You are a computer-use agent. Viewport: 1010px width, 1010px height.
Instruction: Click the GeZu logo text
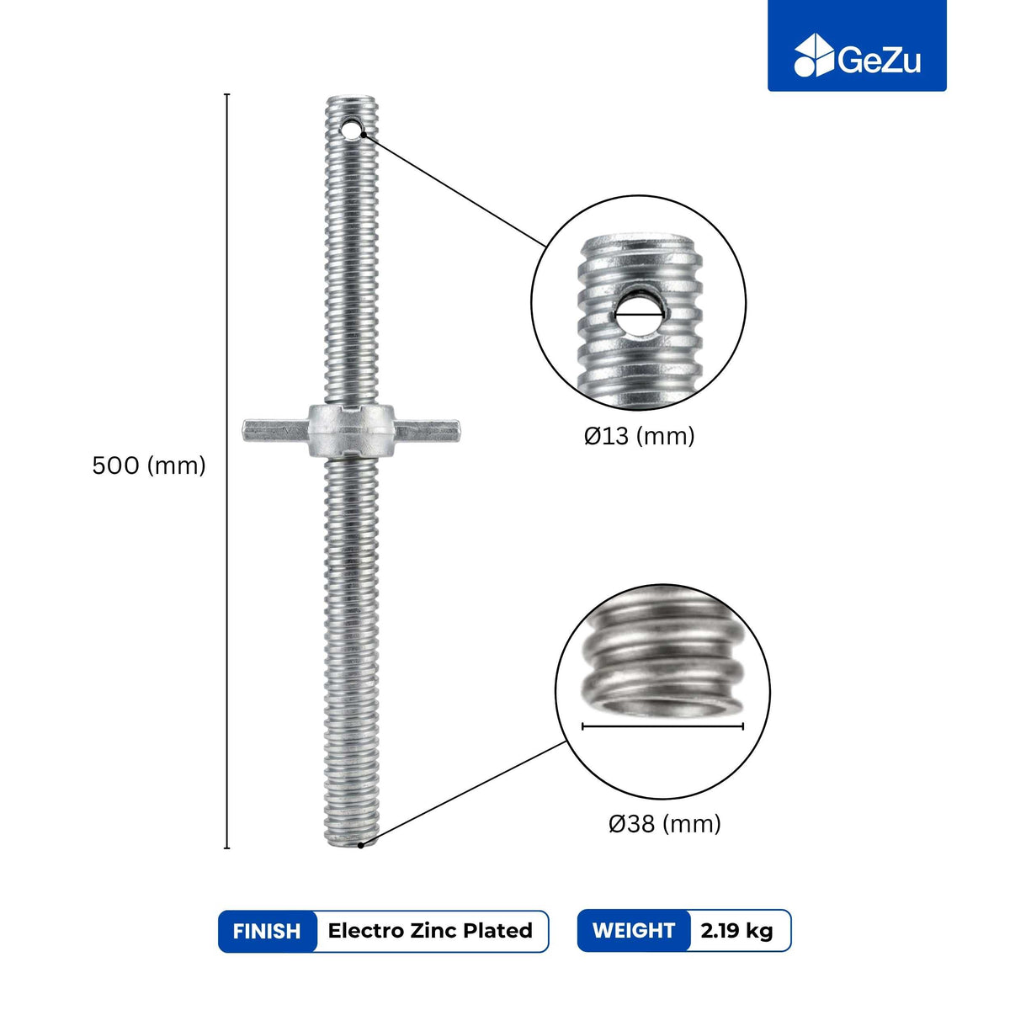[879, 61]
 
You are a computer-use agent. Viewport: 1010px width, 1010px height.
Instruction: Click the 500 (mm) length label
[149, 465]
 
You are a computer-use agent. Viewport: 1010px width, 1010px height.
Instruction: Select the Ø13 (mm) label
[639, 435]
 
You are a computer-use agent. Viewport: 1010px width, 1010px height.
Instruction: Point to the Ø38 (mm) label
[665, 824]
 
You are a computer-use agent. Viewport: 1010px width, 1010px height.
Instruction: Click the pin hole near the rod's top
[351, 129]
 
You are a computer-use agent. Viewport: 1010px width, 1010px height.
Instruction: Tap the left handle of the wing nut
[275, 431]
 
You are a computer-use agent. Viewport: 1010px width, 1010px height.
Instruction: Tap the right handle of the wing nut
[428, 431]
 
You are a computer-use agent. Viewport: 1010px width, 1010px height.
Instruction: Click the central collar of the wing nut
[351, 430]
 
